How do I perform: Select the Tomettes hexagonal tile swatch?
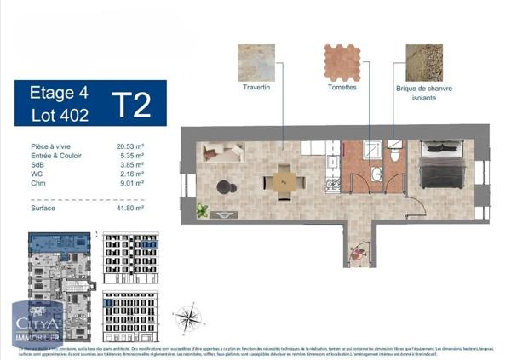342,62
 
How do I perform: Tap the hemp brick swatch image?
423,62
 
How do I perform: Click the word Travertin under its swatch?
255,88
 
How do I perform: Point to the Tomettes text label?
342,88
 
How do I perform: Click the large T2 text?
133,105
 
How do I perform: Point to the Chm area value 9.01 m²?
130,183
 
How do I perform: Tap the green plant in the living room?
203,209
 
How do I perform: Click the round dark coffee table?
223,186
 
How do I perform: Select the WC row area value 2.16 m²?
130,174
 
